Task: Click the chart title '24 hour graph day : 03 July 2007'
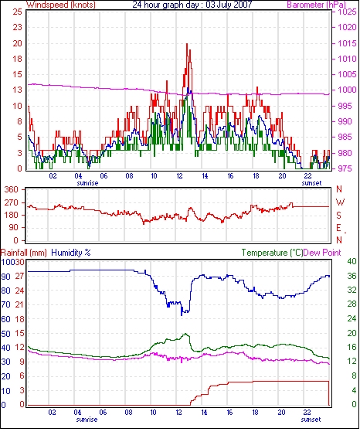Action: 192,5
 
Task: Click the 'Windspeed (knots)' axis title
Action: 61,5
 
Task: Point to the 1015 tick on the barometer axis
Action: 347,43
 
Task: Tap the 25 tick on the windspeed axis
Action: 17,12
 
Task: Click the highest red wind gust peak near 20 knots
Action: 187,44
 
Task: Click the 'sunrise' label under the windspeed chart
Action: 87,183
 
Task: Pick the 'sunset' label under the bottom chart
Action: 311,420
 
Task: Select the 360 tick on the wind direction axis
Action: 12,190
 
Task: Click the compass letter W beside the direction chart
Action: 340,202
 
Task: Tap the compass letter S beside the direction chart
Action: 338,215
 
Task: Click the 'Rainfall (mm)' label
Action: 24,253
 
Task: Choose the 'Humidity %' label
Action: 71,253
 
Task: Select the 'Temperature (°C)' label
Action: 272,253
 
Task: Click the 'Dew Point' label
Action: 322,253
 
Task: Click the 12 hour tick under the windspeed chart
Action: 179,176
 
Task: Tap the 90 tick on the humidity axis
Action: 6,277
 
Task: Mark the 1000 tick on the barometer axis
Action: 347,90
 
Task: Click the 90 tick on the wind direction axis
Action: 13,228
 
